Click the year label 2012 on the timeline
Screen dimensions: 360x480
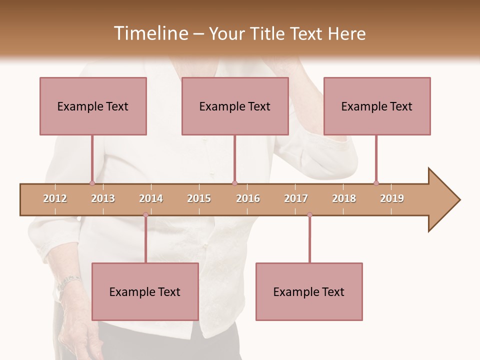[x=55, y=198]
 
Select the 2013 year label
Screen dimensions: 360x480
[x=103, y=198]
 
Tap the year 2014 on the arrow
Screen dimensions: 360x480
[x=151, y=198]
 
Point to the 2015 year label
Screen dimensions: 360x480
[x=199, y=198]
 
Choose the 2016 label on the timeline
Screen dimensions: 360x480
[x=248, y=198]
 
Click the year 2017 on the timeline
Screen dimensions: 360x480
[x=296, y=198]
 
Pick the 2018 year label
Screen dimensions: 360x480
[x=344, y=198]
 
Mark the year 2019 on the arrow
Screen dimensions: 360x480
[x=392, y=198]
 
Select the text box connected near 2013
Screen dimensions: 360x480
[x=93, y=106]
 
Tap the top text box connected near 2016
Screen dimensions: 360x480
[x=235, y=106]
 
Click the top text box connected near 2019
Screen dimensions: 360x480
[x=377, y=106]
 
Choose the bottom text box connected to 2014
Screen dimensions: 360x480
[x=145, y=291]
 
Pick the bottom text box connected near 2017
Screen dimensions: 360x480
[x=309, y=291]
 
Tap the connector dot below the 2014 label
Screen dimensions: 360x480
[x=145, y=215]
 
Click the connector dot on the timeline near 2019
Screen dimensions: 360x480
[x=376, y=183]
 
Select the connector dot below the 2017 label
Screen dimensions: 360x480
[x=309, y=215]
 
